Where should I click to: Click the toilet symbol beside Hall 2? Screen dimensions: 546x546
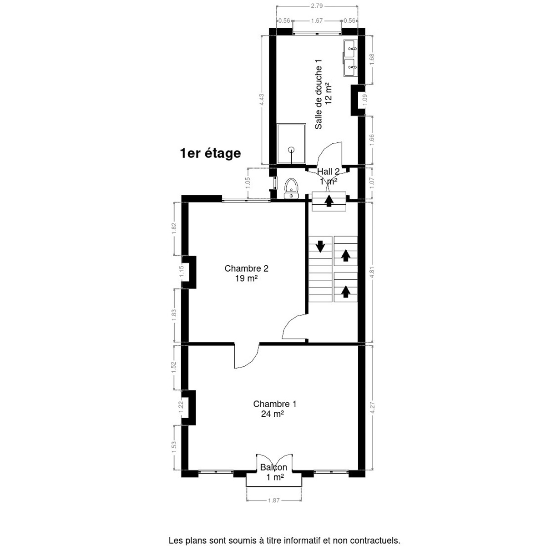[291, 188]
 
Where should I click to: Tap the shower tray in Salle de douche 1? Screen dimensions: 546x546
[291, 144]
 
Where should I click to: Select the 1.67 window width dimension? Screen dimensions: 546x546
[317, 20]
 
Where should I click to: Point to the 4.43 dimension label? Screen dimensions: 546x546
[262, 100]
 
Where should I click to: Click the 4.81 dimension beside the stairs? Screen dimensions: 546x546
[372, 273]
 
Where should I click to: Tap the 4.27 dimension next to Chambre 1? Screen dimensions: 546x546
[372, 408]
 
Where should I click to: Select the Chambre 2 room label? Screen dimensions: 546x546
[246, 268]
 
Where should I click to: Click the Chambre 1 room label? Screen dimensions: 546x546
[274, 404]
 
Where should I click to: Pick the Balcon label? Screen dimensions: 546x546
[274, 467]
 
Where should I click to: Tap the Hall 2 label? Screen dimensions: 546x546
[328, 172]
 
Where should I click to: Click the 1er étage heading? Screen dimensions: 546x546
[211, 153]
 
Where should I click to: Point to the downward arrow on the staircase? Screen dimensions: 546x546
[320, 246]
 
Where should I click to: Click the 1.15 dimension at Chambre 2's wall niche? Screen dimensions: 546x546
[182, 272]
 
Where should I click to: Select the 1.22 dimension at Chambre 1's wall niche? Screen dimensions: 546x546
[182, 407]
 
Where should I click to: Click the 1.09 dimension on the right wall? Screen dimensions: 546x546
[365, 100]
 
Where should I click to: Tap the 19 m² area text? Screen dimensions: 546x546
[246, 278]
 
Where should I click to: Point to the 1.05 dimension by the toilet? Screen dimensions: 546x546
[248, 183]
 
